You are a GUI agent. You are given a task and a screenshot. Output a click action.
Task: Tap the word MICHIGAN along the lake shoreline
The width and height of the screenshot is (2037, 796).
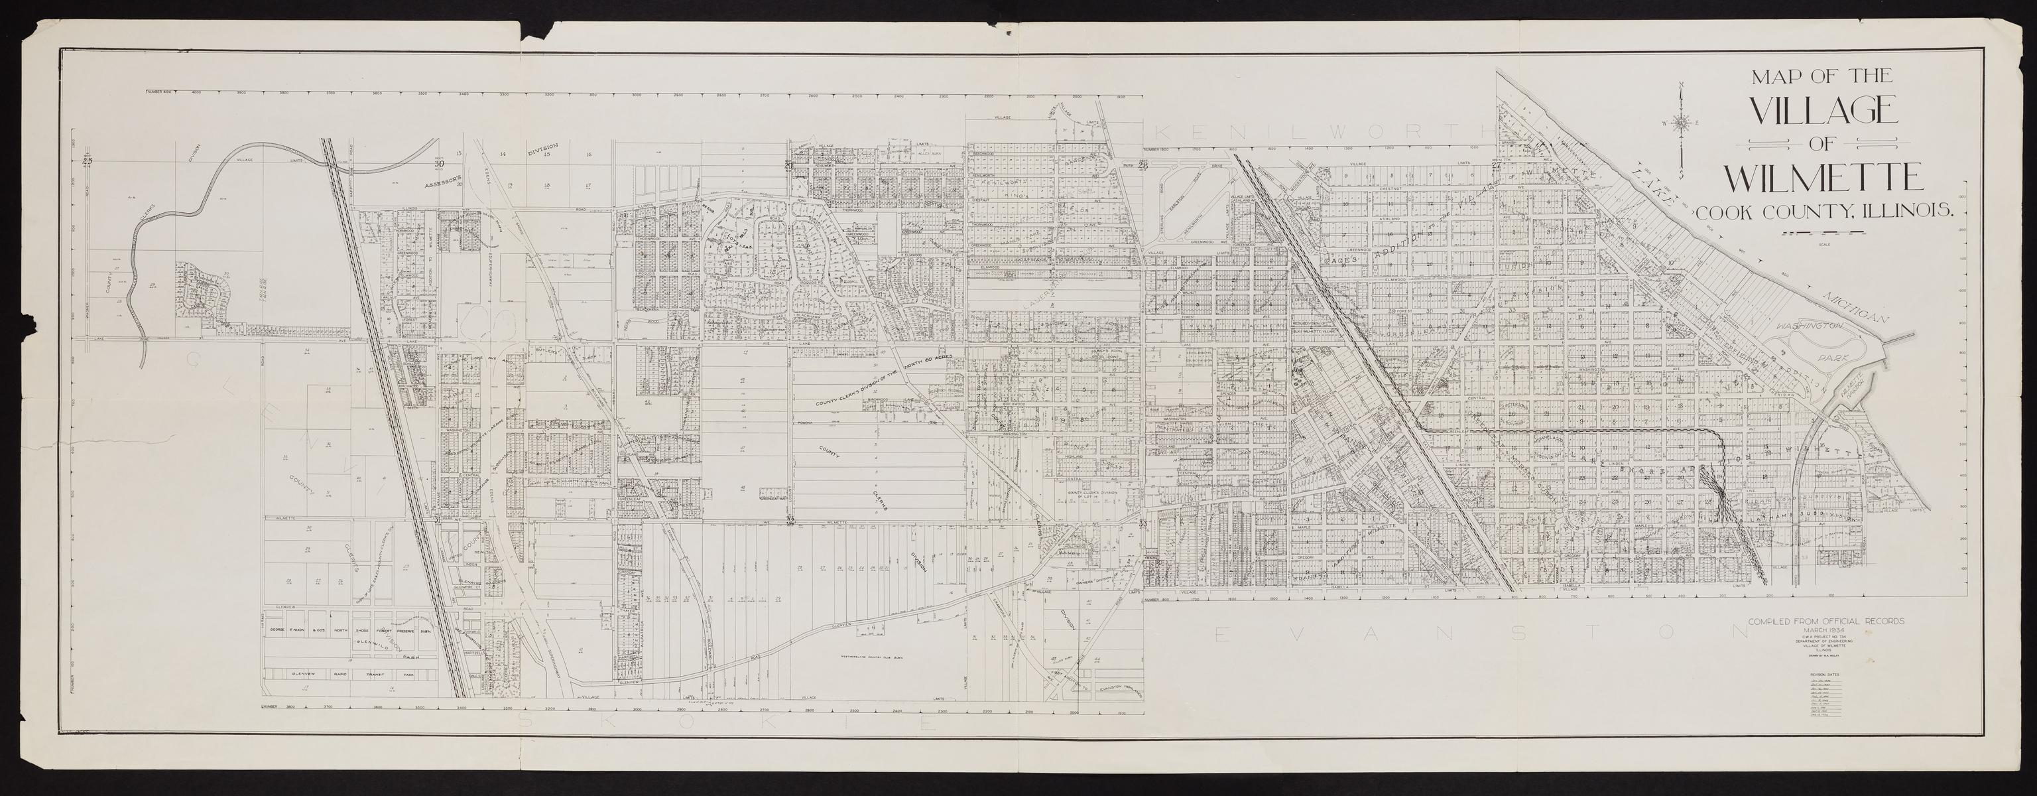coord(1849,308)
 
